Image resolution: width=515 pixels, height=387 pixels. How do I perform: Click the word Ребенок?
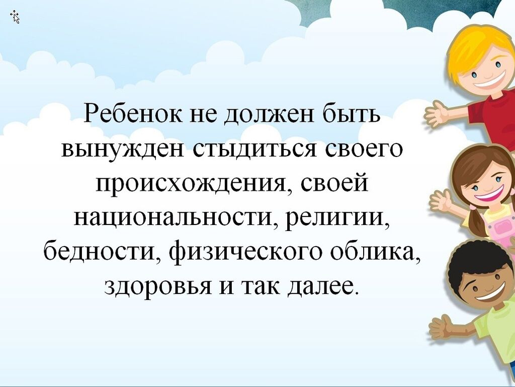(133, 114)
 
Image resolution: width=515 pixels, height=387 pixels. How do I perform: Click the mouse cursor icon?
(15, 17)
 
